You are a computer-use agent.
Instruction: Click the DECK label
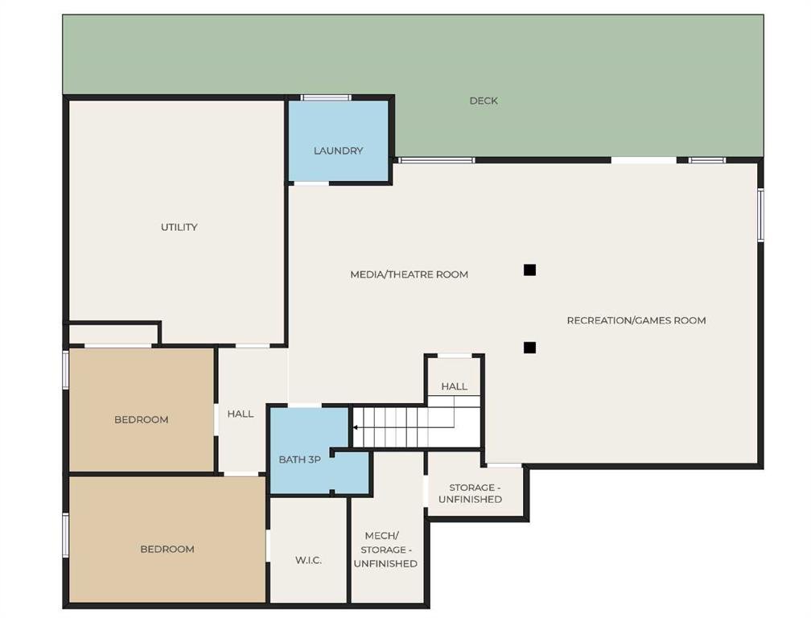[x=484, y=101]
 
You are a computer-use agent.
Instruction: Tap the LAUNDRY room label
[x=338, y=150]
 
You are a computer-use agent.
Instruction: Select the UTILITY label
[x=179, y=227]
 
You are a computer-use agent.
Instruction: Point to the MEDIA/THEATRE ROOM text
[x=409, y=274]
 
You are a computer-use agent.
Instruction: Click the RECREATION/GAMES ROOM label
[x=636, y=320]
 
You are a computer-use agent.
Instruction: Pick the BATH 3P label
[x=299, y=459]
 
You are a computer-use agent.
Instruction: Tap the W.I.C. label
[x=308, y=560]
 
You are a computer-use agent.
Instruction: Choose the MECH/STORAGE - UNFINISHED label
[x=385, y=550]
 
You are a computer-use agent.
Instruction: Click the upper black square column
[x=529, y=270]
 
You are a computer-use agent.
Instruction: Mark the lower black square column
[x=529, y=348]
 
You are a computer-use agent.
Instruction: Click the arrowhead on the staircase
[x=356, y=427]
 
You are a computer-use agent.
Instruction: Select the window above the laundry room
[x=326, y=97]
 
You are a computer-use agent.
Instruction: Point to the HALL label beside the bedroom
[x=241, y=414]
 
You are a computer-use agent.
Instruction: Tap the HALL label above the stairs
[x=454, y=386]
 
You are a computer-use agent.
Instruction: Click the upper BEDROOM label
[x=142, y=419]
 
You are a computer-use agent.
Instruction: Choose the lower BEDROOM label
[x=167, y=550]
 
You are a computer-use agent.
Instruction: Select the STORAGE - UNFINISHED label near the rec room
[x=470, y=493]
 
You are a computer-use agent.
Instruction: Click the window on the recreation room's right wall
[x=760, y=215]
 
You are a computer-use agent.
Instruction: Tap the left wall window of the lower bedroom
[x=66, y=535]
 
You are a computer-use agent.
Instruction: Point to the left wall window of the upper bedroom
[x=66, y=369]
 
